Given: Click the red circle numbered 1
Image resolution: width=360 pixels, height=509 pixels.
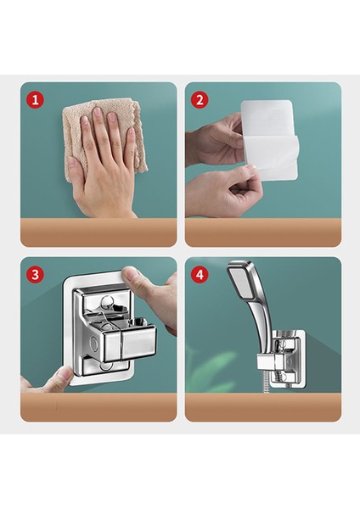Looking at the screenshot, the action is (x=35, y=99).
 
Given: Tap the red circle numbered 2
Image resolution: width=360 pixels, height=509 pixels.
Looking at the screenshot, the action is (x=200, y=99).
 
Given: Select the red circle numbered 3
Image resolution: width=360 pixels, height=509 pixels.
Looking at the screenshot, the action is (x=35, y=275).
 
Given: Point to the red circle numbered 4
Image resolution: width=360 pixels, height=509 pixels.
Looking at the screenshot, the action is (x=200, y=275).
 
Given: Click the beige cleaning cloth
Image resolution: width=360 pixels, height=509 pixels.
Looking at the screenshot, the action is (x=104, y=137).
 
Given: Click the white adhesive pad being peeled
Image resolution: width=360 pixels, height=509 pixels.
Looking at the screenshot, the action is (x=270, y=140).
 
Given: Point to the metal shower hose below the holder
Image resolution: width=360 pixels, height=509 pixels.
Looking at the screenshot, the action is (x=267, y=383).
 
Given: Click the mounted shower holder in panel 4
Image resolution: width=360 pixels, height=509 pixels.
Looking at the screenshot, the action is (x=283, y=360).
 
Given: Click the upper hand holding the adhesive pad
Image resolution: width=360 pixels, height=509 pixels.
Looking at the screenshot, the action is (x=215, y=140).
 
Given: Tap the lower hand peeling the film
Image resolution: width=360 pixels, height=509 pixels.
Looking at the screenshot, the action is (x=221, y=192).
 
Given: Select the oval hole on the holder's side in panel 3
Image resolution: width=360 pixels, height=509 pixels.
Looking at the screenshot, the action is (x=94, y=343).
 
